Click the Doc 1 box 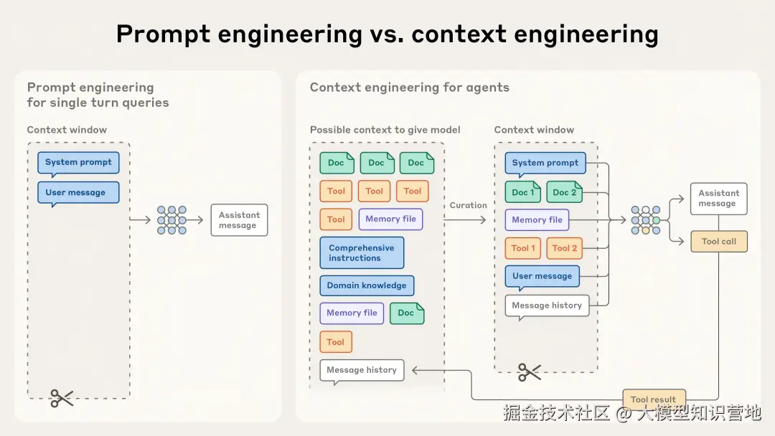pyautogui.click(x=523, y=192)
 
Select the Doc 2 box pyautogui.click(x=565, y=192)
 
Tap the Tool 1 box pyautogui.click(x=523, y=248)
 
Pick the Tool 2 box pyautogui.click(x=565, y=248)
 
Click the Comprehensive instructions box pyautogui.click(x=362, y=253)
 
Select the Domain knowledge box pyautogui.click(x=367, y=285)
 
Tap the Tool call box pyautogui.click(x=718, y=242)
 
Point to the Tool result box pyautogui.click(x=654, y=399)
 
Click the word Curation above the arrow pyautogui.click(x=468, y=205)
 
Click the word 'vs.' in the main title pyautogui.click(x=387, y=34)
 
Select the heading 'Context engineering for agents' pyautogui.click(x=409, y=87)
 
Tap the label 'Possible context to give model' pyautogui.click(x=385, y=130)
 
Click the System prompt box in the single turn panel pyautogui.click(x=79, y=163)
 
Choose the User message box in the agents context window pyautogui.click(x=542, y=277)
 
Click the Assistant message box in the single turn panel pyautogui.click(x=239, y=220)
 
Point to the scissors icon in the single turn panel pyautogui.click(x=61, y=398)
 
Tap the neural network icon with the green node pyautogui.click(x=646, y=220)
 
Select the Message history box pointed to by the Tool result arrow pyautogui.click(x=362, y=370)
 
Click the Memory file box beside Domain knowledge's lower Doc pyautogui.click(x=352, y=313)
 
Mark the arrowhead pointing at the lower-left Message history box pyautogui.click(x=414, y=370)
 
